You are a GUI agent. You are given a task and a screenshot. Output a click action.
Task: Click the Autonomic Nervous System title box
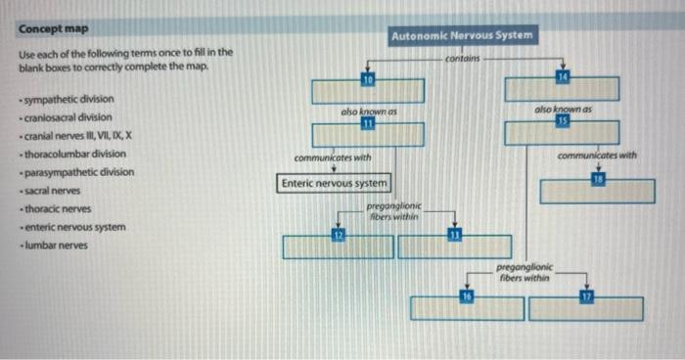click(462, 36)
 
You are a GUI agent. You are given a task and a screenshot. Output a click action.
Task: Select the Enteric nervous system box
click(335, 183)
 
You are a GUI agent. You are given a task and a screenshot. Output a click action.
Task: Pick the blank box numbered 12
click(338, 247)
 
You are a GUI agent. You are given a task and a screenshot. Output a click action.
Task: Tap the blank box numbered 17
click(586, 309)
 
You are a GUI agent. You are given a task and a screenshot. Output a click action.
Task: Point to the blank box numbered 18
click(596, 191)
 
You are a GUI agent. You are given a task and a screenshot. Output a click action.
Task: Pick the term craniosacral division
click(68, 117)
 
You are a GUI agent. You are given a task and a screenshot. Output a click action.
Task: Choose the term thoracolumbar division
click(71, 154)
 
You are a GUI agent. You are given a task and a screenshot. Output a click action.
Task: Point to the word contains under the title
click(461, 60)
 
